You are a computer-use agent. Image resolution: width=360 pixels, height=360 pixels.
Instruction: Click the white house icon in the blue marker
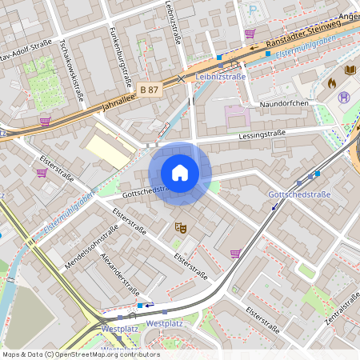coord(180,172)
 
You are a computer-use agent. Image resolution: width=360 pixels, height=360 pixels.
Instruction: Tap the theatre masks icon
coord(181,228)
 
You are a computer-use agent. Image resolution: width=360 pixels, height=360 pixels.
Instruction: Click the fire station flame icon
coord(332,82)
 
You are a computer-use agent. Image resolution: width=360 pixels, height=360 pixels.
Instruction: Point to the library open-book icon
coord(350,70)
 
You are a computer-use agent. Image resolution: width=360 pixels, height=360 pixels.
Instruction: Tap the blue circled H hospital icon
coord(344,98)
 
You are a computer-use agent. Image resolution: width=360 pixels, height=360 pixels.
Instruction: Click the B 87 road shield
coord(149,90)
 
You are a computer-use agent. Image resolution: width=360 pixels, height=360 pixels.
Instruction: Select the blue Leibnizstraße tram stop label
coord(220,77)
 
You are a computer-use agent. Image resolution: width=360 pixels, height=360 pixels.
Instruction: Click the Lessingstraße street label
coord(262,136)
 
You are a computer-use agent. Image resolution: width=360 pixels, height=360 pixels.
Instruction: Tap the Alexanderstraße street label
coord(120,274)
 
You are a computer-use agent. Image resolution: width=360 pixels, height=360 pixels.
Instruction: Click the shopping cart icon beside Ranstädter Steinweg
coord(250,34)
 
